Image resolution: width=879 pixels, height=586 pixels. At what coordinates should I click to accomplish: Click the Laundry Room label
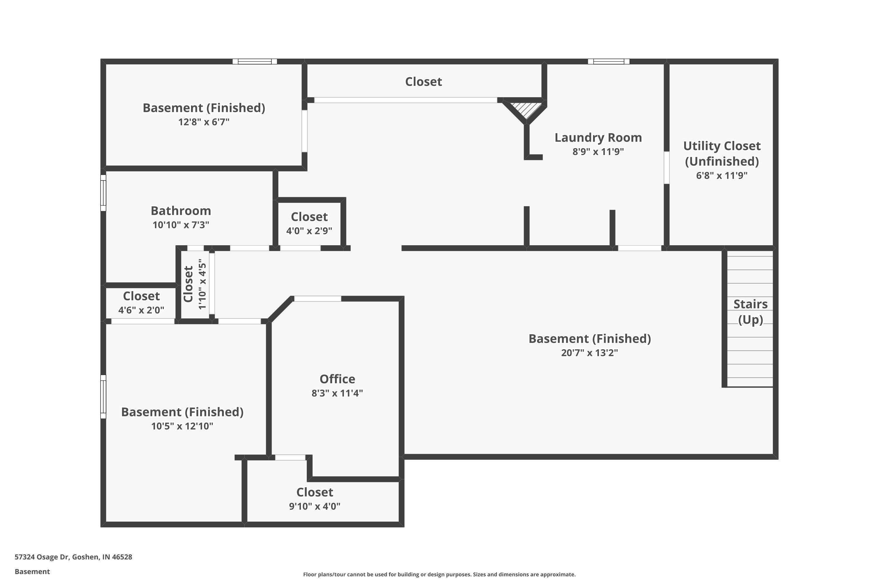598,137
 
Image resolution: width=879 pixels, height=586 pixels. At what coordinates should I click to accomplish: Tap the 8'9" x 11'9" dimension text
598,152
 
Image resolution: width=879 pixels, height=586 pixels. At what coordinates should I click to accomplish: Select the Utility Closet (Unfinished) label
722,154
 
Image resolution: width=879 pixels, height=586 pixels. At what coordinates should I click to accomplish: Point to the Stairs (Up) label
750,312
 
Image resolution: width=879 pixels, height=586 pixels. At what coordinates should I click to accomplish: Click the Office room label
337,379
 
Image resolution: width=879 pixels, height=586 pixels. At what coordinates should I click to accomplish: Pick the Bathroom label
181,211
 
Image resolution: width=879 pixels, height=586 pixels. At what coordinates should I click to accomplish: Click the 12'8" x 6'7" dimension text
204,122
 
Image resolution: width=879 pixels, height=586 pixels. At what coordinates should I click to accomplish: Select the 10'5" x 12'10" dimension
182,426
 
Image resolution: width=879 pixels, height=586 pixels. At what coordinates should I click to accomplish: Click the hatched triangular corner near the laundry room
526,110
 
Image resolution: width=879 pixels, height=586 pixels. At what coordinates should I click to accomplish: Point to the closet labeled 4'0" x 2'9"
309,223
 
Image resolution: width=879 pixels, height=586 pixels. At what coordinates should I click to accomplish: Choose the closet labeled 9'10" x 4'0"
315,499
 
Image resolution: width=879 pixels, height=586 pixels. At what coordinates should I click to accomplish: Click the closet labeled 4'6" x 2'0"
141,302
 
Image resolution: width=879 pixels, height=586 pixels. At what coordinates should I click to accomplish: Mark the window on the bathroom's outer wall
103,193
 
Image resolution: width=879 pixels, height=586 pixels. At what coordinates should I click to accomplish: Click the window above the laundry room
609,61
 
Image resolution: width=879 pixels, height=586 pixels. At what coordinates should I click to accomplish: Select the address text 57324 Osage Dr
42,557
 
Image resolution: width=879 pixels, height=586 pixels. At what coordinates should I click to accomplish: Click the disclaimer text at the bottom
439,574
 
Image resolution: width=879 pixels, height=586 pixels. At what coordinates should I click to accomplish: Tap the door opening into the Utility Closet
666,167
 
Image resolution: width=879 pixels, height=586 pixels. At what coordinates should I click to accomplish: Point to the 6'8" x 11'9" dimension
722,176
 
